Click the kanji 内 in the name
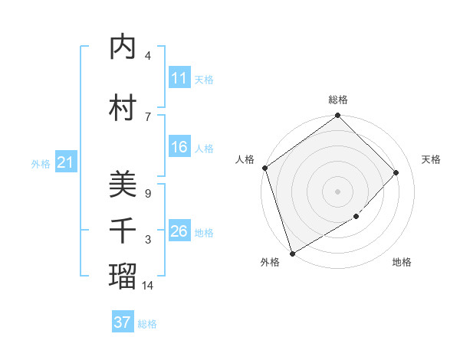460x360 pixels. tap(123, 47)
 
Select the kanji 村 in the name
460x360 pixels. tap(123, 106)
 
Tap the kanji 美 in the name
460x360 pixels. tap(123, 184)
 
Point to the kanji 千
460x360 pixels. tap(123, 231)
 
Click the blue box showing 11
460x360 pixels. tap(179, 78)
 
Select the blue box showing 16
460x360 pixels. tap(179, 147)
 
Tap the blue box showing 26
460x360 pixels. tap(179, 231)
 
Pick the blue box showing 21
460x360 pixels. tap(65, 162)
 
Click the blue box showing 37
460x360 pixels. tap(122, 322)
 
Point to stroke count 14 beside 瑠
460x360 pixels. tap(149, 285)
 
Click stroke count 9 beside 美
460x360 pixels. tap(147, 193)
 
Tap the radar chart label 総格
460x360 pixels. tap(337, 100)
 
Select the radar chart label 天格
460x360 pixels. tap(431, 159)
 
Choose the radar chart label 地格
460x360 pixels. tap(402, 263)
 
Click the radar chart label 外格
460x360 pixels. tap(270, 263)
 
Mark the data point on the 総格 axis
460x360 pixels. tap(337, 116)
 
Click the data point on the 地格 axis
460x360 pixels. tap(356, 217)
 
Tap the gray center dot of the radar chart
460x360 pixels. tap(337, 191)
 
